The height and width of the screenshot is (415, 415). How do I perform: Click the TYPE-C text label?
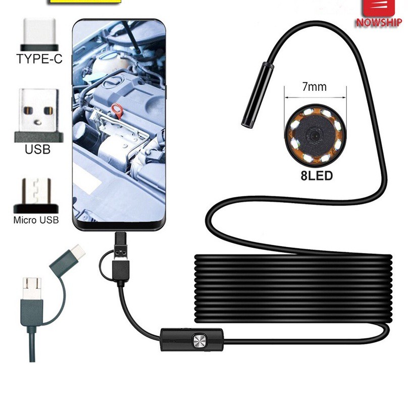coord(39,59)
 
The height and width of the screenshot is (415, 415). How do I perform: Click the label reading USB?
coord(38,149)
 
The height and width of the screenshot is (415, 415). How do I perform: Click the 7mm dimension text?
coord(314,87)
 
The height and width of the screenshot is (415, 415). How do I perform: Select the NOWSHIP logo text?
coord(379,23)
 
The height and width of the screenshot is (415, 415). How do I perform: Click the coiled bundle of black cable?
coord(293,288)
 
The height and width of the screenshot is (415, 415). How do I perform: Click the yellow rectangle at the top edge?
coord(85,2)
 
